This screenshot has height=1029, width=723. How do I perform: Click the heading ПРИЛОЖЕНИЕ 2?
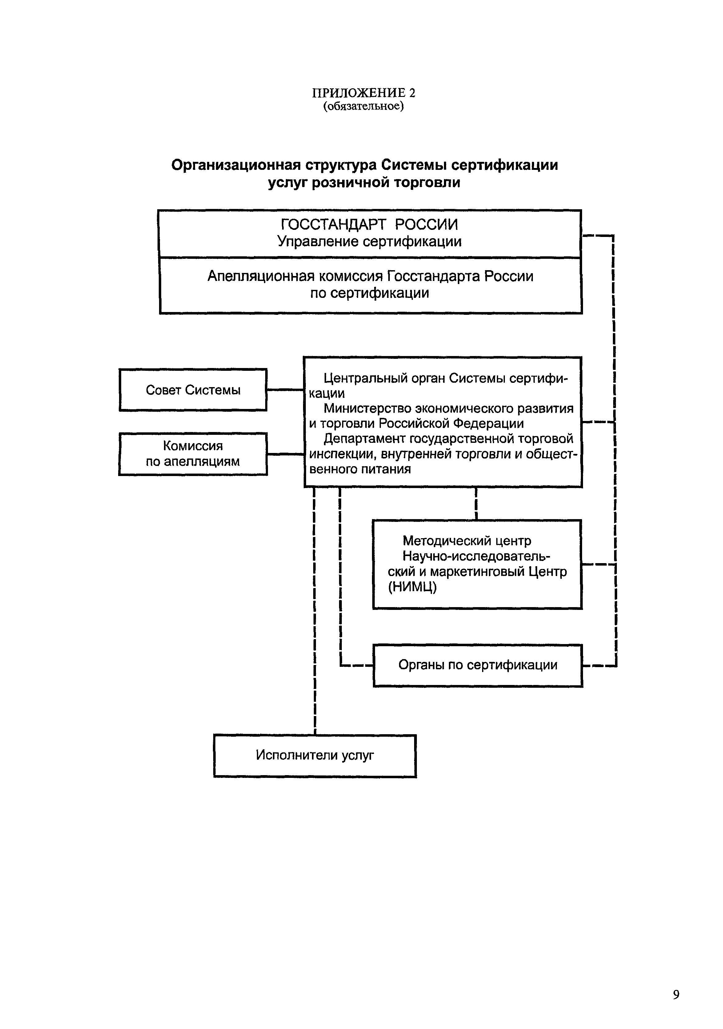(364, 93)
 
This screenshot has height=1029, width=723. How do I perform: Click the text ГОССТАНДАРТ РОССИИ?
(369, 224)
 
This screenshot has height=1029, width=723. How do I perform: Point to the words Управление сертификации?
(369, 242)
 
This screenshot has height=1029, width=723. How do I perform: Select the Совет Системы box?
(193, 390)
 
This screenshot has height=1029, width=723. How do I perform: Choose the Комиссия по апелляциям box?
(193, 454)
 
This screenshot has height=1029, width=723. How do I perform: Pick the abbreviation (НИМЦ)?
(412, 587)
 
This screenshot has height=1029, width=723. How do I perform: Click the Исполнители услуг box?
(315, 755)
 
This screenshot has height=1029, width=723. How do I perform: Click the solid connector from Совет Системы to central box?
(285, 390)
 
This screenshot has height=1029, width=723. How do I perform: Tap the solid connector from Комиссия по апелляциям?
(285, 454)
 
